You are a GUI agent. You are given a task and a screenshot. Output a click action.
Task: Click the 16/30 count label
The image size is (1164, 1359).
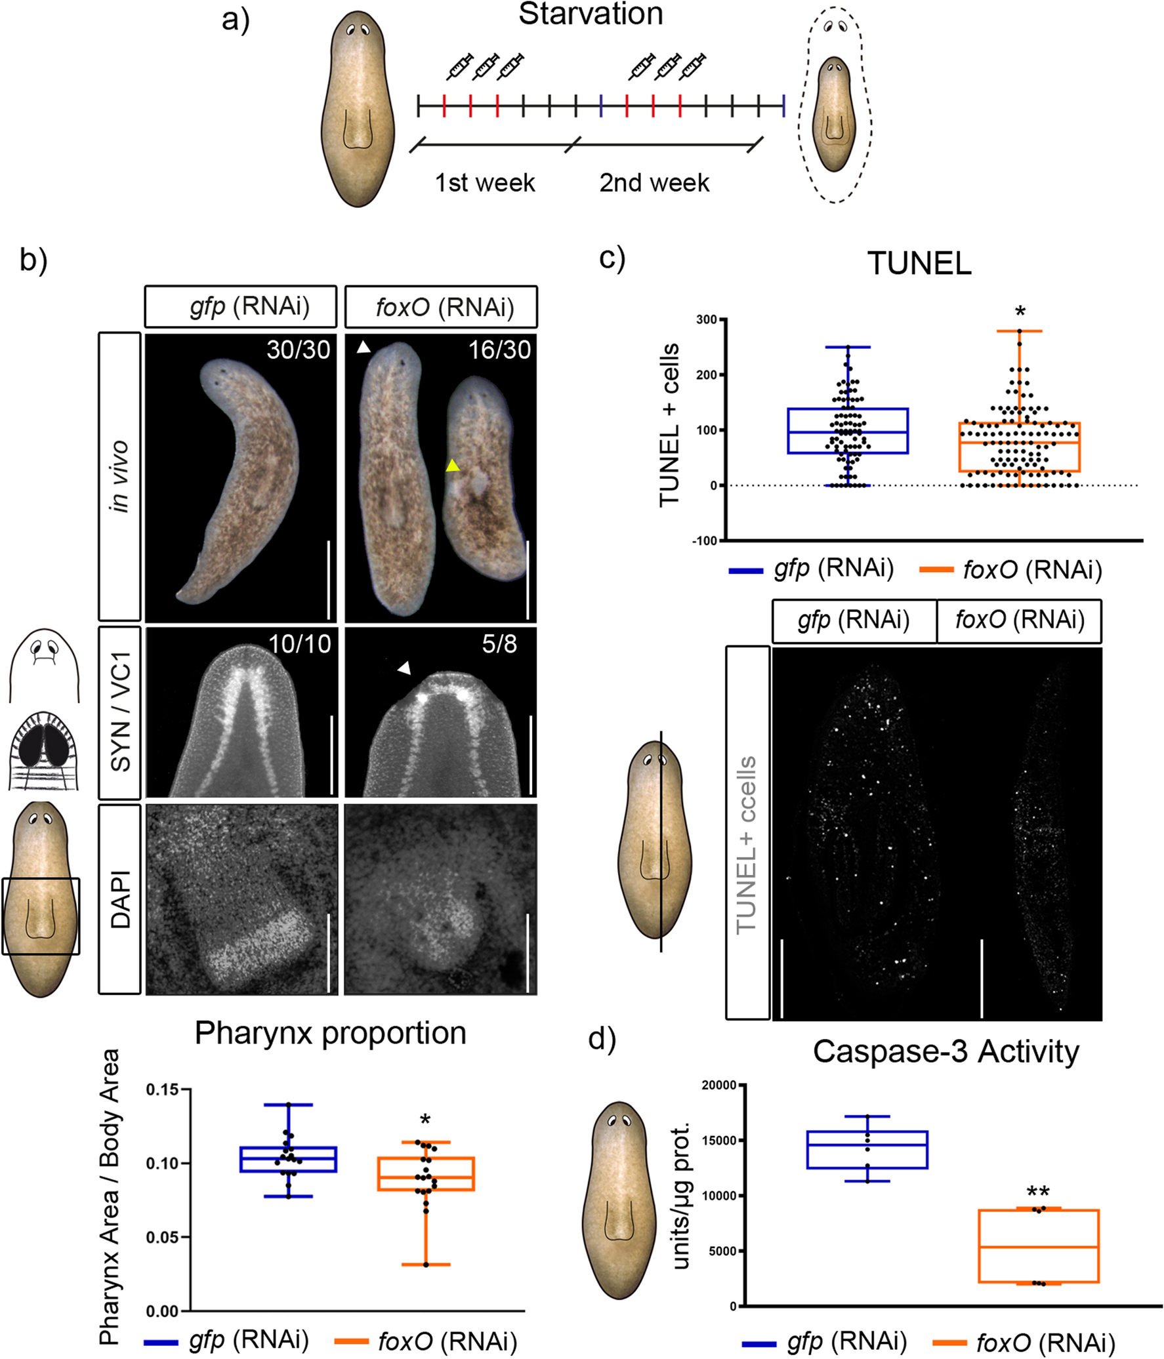(x=499, y=350)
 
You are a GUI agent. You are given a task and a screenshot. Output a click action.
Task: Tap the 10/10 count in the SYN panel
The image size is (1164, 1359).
(x=300, y=644)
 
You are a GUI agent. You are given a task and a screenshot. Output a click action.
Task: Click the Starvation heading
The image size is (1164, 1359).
(x=591, y=14)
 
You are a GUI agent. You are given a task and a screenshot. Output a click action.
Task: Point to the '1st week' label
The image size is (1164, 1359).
(x=485, y=182)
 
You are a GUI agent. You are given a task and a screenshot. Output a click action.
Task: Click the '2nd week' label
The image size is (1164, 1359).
(x=654, y=182)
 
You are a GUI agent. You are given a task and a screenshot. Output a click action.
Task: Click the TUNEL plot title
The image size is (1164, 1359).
(x=919, y=264)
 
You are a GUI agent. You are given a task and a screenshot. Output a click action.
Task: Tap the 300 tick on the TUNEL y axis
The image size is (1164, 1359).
(x=707, y=319)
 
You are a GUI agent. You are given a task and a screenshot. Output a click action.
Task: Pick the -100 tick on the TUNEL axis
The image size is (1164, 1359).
(x=705, y=540)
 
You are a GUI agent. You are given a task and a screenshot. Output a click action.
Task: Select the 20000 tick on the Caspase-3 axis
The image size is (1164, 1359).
(x=719, y=1085)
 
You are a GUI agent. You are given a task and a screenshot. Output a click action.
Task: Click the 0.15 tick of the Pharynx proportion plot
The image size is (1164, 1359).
(x=162, y=1089)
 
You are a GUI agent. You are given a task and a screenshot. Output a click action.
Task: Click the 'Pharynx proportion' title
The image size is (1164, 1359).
(x=330, y=1034)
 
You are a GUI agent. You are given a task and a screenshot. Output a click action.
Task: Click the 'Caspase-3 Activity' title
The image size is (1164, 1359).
(x=946, y=1052)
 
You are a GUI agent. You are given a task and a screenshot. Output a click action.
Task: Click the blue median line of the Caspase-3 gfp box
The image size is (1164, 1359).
(x=867, y=1145)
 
